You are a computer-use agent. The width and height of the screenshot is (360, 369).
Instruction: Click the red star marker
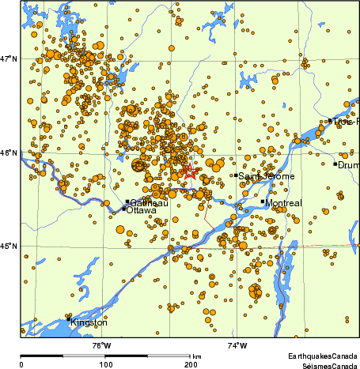[190, 170]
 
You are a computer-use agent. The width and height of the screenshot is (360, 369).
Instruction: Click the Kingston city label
[89, 322]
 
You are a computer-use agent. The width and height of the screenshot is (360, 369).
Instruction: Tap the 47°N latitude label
[8, 59]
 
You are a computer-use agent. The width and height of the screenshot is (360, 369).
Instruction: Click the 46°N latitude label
[8, 152]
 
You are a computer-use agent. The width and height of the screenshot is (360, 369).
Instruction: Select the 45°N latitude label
[8, 246]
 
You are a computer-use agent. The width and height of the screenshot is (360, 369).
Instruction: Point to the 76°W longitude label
[101, 345]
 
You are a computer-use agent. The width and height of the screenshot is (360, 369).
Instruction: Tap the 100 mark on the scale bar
[104, 364]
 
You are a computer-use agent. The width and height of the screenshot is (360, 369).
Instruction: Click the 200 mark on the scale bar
[190, 364]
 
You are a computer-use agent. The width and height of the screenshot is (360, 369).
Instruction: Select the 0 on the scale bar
[21, 364]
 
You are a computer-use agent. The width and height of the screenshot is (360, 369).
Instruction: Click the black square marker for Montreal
[263, 201]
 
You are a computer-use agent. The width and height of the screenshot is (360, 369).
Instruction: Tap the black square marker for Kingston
[68, 319]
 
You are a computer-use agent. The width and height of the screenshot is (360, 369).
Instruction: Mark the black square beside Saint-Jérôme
[236, 175]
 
